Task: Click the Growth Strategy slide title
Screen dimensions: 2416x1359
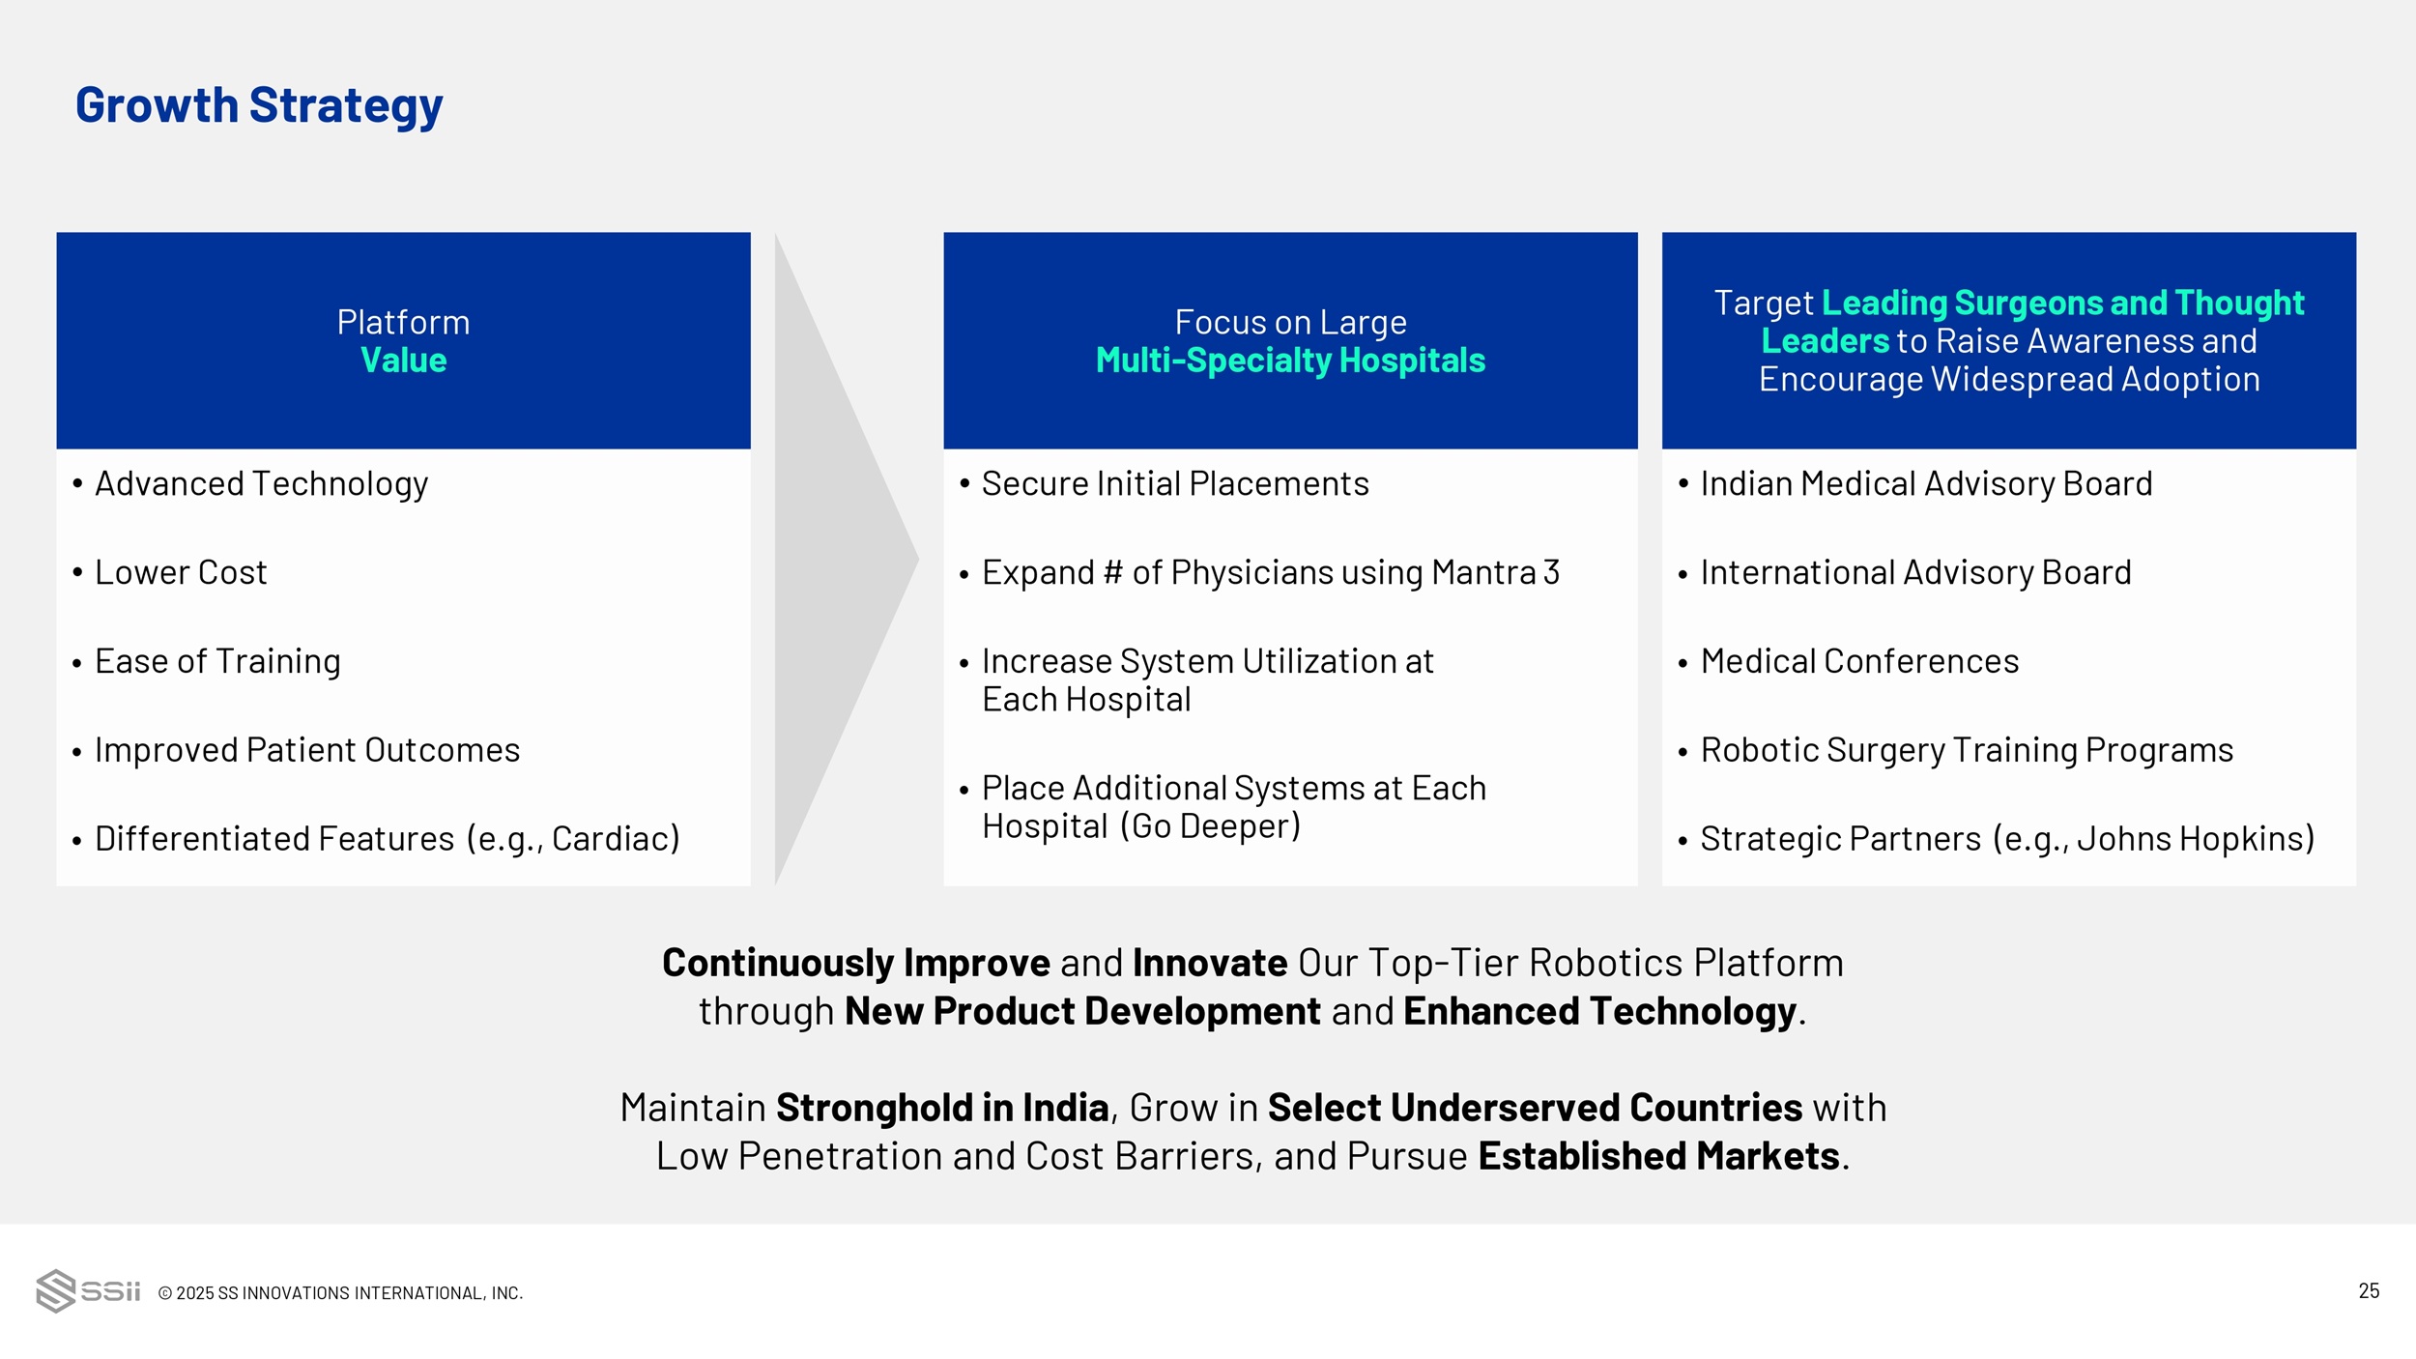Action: pos(259,106)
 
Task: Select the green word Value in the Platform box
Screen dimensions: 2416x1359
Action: pos(403,361)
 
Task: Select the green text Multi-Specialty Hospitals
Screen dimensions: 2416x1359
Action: pos(1290,361)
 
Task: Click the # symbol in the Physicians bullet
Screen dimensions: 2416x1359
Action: pos(1113,573)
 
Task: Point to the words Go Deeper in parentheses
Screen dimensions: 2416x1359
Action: pos(1211,826)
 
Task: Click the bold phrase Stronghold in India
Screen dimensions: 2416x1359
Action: pos(942,1108)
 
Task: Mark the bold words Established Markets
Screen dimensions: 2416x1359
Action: pos(1658,1156)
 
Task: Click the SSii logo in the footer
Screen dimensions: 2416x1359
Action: pos(88,1291)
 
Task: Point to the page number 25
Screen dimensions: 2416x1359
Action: pos(2369,1291)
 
